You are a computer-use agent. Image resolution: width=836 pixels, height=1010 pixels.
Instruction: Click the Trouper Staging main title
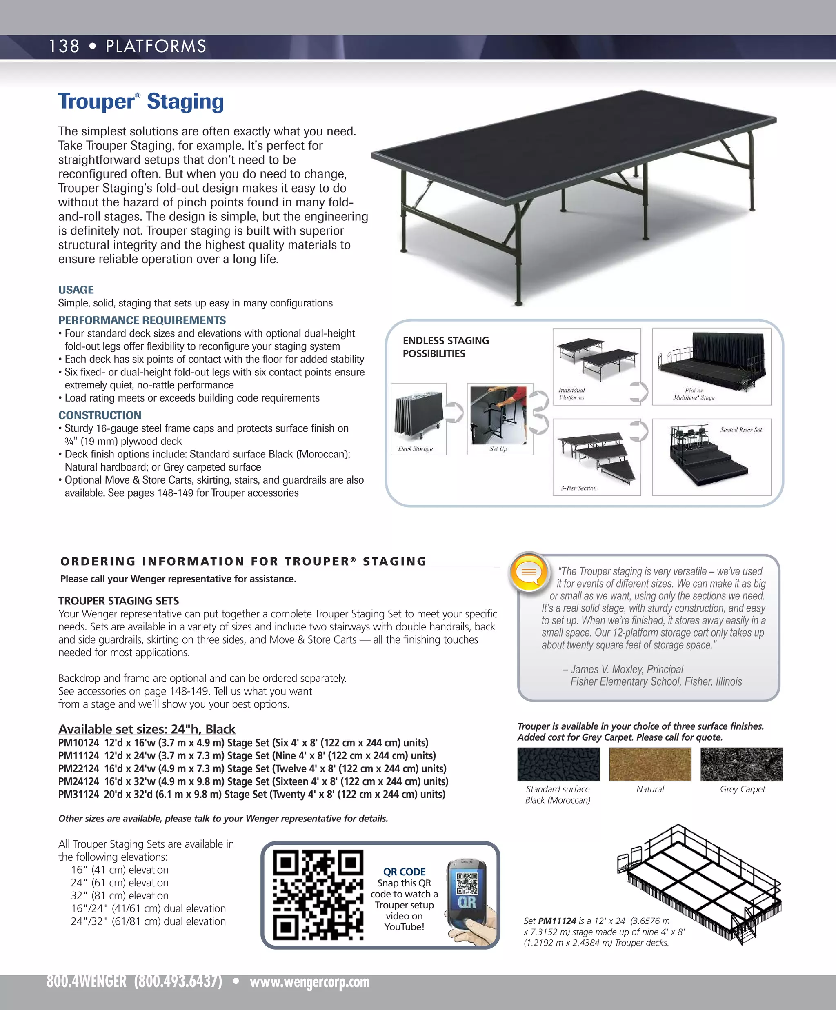tap(141, 102)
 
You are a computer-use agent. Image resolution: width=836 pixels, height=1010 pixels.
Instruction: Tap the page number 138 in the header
tap(64, 47)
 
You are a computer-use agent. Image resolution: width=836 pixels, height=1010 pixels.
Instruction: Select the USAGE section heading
tap(76, 290)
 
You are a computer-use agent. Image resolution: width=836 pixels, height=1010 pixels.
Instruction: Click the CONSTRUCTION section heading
tap(100, 415)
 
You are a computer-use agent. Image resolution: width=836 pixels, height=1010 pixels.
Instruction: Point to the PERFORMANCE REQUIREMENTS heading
tap(142, 320)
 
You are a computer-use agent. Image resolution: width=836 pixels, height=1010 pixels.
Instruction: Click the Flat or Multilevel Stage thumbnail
tap(711, 366)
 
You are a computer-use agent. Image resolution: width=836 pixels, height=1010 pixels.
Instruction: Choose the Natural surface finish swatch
tap(650, 764)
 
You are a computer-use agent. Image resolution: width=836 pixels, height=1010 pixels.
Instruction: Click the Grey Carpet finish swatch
tap(741, 764)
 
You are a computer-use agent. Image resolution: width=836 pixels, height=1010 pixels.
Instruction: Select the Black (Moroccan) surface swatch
tap(558, 764)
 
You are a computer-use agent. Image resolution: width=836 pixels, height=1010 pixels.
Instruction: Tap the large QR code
tap(318, 895)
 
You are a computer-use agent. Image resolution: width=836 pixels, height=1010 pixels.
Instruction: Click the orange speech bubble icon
tap(529, 572)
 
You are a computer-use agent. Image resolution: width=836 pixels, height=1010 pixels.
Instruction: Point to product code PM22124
tap(78, 768)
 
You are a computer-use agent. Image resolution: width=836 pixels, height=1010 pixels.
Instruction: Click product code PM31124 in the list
tap(78, 795)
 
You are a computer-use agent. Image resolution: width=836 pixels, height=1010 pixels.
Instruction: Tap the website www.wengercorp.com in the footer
tap(309, 981)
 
